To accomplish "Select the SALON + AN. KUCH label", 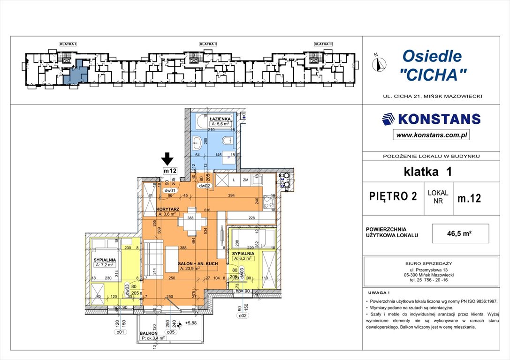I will (x=198, y=264).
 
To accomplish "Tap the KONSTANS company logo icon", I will (x=388, y=119).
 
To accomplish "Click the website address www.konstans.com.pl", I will (x=432, y=135).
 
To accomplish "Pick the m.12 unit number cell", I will (x=469, y=198).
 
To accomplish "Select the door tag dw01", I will (x=169, y=191).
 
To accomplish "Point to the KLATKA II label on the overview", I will (x=208, y=44).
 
